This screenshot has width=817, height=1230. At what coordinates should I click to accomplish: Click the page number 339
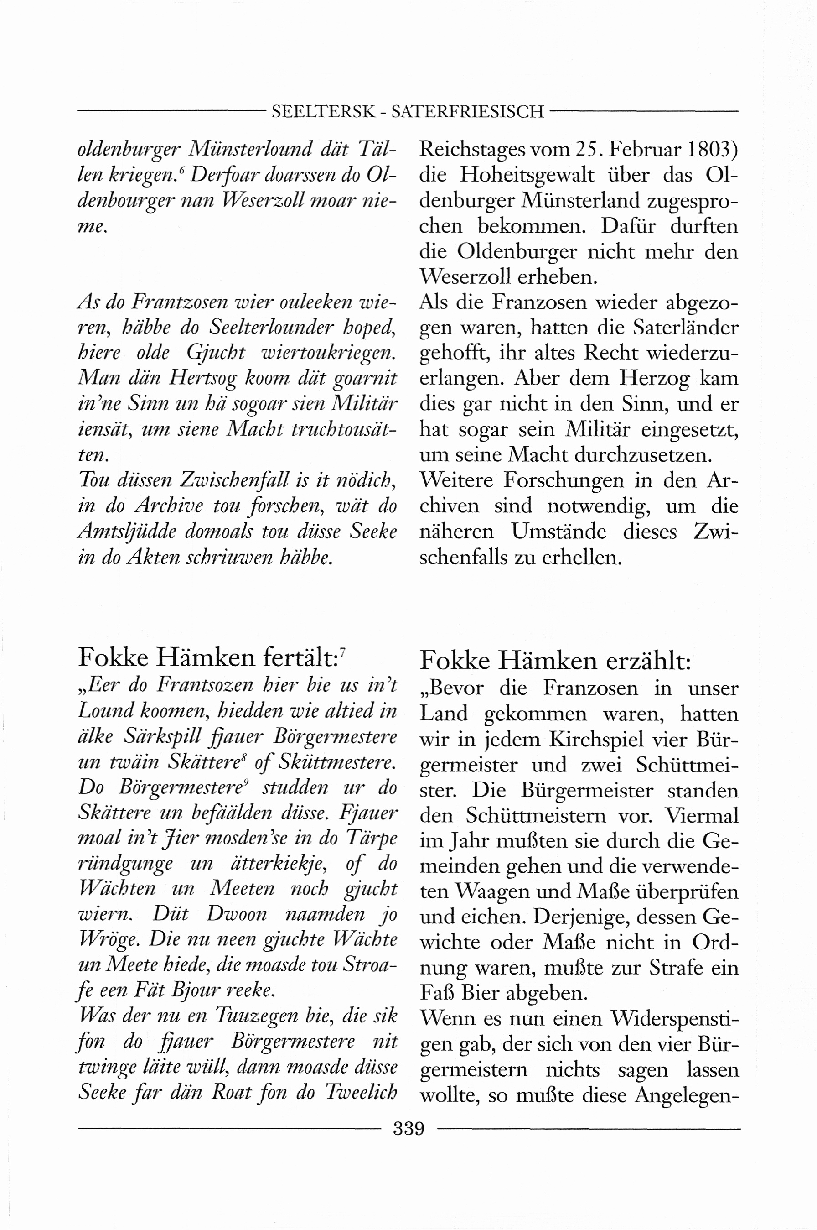409,1129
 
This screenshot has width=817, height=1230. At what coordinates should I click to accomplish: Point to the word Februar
643,150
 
